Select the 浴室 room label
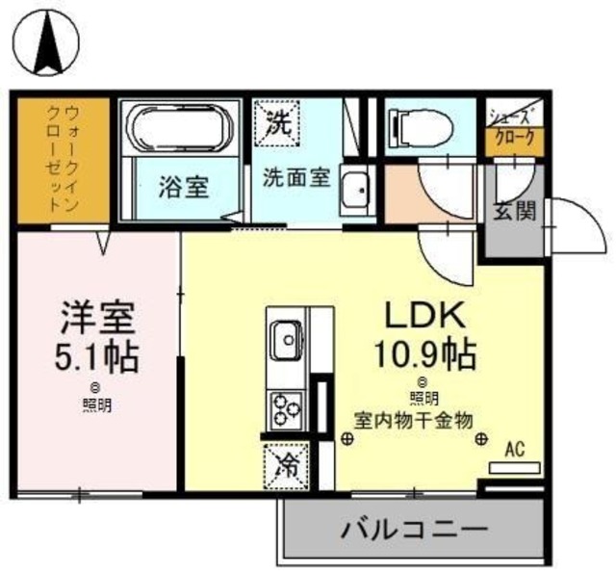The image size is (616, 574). pyautogui.click(x=184, y=187)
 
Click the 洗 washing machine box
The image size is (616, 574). pyautogui.click(x=278, y=121)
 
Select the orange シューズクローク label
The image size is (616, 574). pyautogui.click(x=516, y=138)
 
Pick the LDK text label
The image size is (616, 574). pyautogui.click(x=425, y=315)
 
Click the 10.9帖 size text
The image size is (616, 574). pyautogui.click(x=425, y=356)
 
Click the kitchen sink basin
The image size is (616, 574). pyautogui.click(x=285, y=338)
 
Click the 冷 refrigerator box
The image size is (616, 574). pyautogui.click(x=286, y=465)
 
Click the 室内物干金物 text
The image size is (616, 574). pyautogui.click(x=411, y=420)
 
